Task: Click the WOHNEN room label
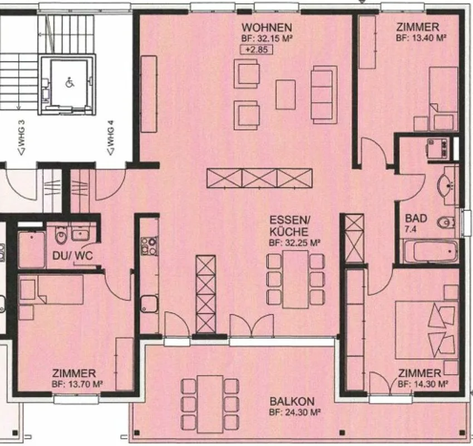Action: tap(267, 28)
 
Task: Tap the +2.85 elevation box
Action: tap(257, 50)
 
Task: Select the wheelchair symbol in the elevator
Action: tap(70, 82)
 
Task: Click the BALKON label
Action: tap(292, 401)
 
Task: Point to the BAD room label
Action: tap(416, 218)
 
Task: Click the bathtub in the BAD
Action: tap(430, 251)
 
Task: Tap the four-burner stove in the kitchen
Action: tap(149, 246)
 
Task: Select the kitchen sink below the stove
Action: tap(149, 304)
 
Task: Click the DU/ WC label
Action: tap(72, 256)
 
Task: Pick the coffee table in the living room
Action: tap(285, 94)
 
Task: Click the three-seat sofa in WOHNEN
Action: tap(324, 95)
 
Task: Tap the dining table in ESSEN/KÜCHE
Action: tap(295, 279)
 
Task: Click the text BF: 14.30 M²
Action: tap(422, 384)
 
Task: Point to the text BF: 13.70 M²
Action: tap(77, 384)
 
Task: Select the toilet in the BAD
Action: tap(446, 222)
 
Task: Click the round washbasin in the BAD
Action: tap(446, 183)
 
